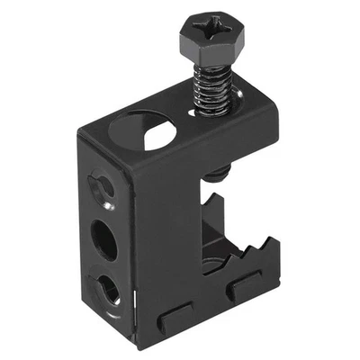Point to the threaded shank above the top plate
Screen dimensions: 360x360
209,94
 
